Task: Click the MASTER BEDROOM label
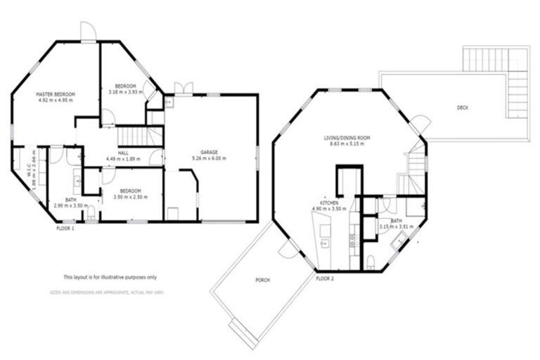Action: tap(56, 94)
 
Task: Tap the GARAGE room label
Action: tap(210, 152)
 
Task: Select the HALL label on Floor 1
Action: tap(123, 153)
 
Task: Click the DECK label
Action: tap(462, 108)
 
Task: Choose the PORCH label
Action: tap(262, 280)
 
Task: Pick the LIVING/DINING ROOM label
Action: tap(346, 138)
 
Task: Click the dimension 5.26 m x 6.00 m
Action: tap(210, 159)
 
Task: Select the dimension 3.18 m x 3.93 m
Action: tap(125, 92)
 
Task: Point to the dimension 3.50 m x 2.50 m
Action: tap(130, 198)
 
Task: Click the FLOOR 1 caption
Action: tap(65, 229)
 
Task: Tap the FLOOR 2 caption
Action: tap(324, 278)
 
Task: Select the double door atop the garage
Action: tap(184, 88)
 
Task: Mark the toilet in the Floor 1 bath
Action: tap(91, 212)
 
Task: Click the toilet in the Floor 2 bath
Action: tap(370, 262)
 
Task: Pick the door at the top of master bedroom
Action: tap(87, 32)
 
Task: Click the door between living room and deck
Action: tap(420, 125)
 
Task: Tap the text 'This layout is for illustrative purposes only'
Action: tap(110, 277)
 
